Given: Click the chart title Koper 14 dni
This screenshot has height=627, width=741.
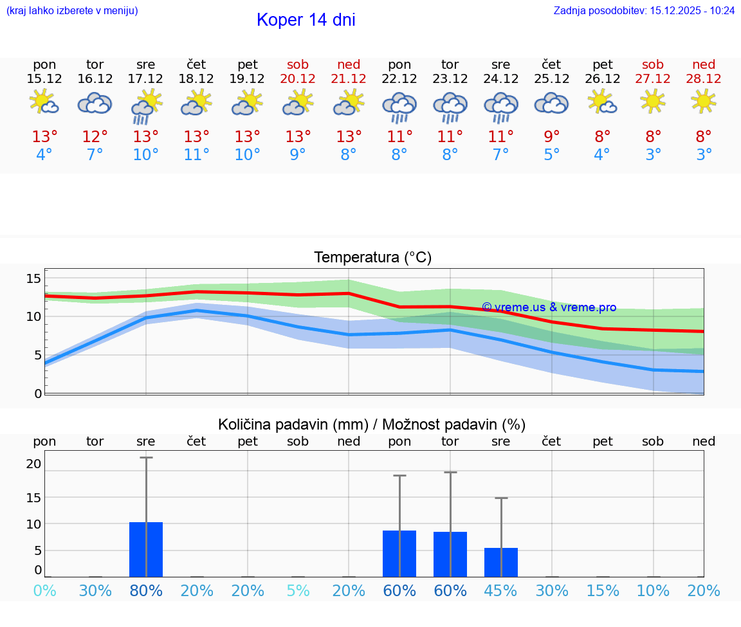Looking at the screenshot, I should [306, 20].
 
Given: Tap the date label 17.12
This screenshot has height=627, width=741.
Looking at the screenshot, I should [145, 79].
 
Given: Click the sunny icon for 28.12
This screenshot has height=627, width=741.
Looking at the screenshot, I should [704, 101].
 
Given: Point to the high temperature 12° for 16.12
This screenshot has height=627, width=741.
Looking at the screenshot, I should [95, 136].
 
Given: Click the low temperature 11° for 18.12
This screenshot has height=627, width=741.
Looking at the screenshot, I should [196, 154].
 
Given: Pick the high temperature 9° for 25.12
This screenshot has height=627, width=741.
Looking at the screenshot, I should [551, 136].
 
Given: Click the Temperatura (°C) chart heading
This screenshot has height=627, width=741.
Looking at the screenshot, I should [372, 258].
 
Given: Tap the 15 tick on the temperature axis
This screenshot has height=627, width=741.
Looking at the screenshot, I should [33, 278].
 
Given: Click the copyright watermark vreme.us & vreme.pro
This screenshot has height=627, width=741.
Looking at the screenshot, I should [549, 307].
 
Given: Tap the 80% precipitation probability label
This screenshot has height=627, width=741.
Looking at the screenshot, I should [146, 590].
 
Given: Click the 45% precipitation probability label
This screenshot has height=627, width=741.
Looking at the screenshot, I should [501, 590].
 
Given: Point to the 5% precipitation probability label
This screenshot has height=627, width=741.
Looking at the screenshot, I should [298, 590].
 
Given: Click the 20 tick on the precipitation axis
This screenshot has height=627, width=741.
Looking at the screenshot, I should [33, 464].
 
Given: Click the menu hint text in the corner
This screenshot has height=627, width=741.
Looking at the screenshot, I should [72, 10].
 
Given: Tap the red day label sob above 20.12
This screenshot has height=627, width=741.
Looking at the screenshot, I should [298, 64].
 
